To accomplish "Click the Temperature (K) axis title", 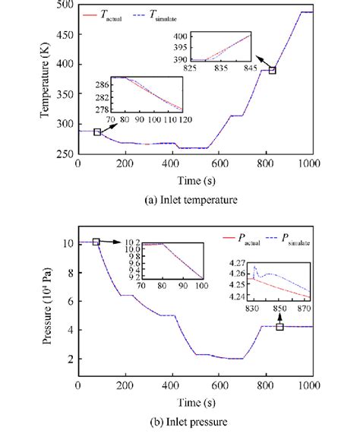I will click(43, 81).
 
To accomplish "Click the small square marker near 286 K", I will click(96, 132).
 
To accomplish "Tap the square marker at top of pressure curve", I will click(96, 242).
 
